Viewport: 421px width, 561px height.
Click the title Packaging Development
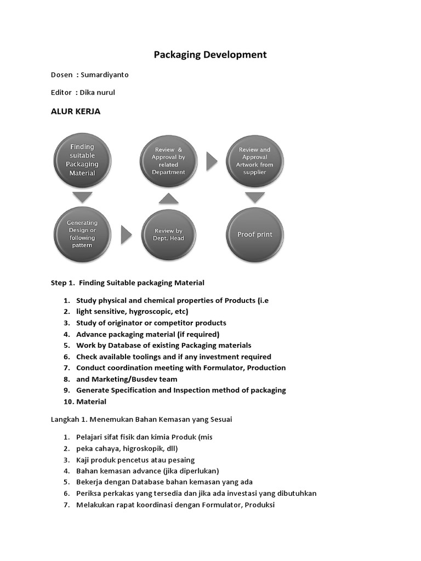(210, 54)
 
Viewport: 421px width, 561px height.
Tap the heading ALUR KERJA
(76, 111)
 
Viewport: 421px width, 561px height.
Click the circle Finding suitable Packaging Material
(82, 159)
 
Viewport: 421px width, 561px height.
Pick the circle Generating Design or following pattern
(82, 234)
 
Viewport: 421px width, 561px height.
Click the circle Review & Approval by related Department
(168, 161)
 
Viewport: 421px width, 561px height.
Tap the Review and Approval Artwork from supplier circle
(254, 161)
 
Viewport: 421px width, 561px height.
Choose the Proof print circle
(254, 234)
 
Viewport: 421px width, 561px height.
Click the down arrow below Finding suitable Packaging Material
(82, 197)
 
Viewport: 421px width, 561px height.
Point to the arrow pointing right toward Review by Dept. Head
(126, 235)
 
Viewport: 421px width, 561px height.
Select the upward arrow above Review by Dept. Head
(168, 198)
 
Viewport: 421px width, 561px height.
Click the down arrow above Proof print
(254, 197)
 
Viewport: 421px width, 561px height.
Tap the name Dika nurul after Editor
(98, 93)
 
